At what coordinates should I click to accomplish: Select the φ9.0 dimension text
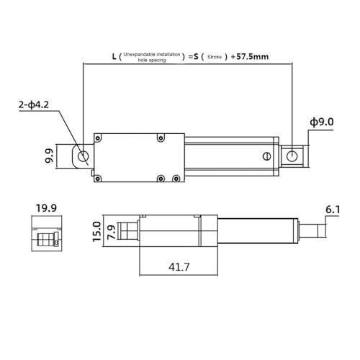(x=321, y=122)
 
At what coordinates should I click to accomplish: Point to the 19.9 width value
(x=46, y=209)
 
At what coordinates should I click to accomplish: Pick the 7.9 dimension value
(x=111, y=232)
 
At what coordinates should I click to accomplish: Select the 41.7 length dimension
(x=179, y=267)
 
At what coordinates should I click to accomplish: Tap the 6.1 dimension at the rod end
(x=332, y=210)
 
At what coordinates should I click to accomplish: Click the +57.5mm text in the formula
(x=251, y=55)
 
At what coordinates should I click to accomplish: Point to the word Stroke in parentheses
(x=214, y=55)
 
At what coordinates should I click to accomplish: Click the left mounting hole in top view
(x=84, y=156)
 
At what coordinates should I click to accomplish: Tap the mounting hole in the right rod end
(x=292, y=156)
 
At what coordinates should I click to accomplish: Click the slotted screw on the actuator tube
(x=266, y=156)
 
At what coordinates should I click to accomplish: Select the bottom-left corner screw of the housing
(x=99, y=178)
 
